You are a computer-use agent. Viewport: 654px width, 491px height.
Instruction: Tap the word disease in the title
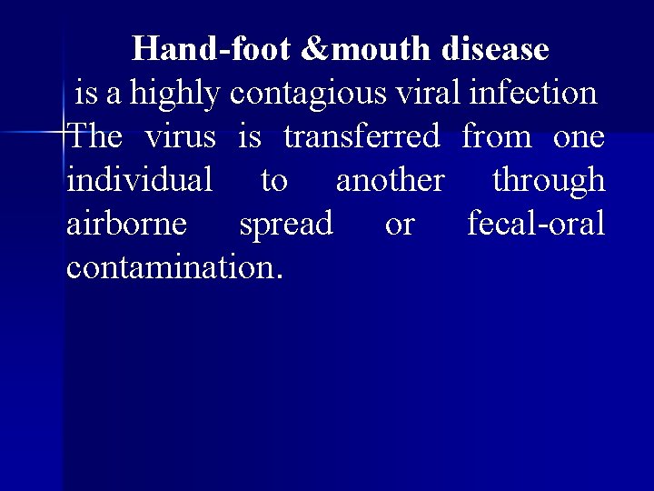[497, 49]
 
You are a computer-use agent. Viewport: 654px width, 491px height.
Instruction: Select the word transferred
[362, 136]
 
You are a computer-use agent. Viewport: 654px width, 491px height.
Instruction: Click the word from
[496, 136]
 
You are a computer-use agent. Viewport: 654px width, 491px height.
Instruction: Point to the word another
[390, 180]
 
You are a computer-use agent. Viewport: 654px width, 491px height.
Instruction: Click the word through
[549, 180]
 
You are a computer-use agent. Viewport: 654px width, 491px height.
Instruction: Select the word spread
[285, 224]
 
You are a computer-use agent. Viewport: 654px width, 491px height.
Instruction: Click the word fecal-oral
[536, 224]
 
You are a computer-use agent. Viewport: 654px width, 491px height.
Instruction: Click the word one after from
[579, 136]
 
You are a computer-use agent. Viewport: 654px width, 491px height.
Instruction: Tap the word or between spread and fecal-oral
[400, 224]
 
